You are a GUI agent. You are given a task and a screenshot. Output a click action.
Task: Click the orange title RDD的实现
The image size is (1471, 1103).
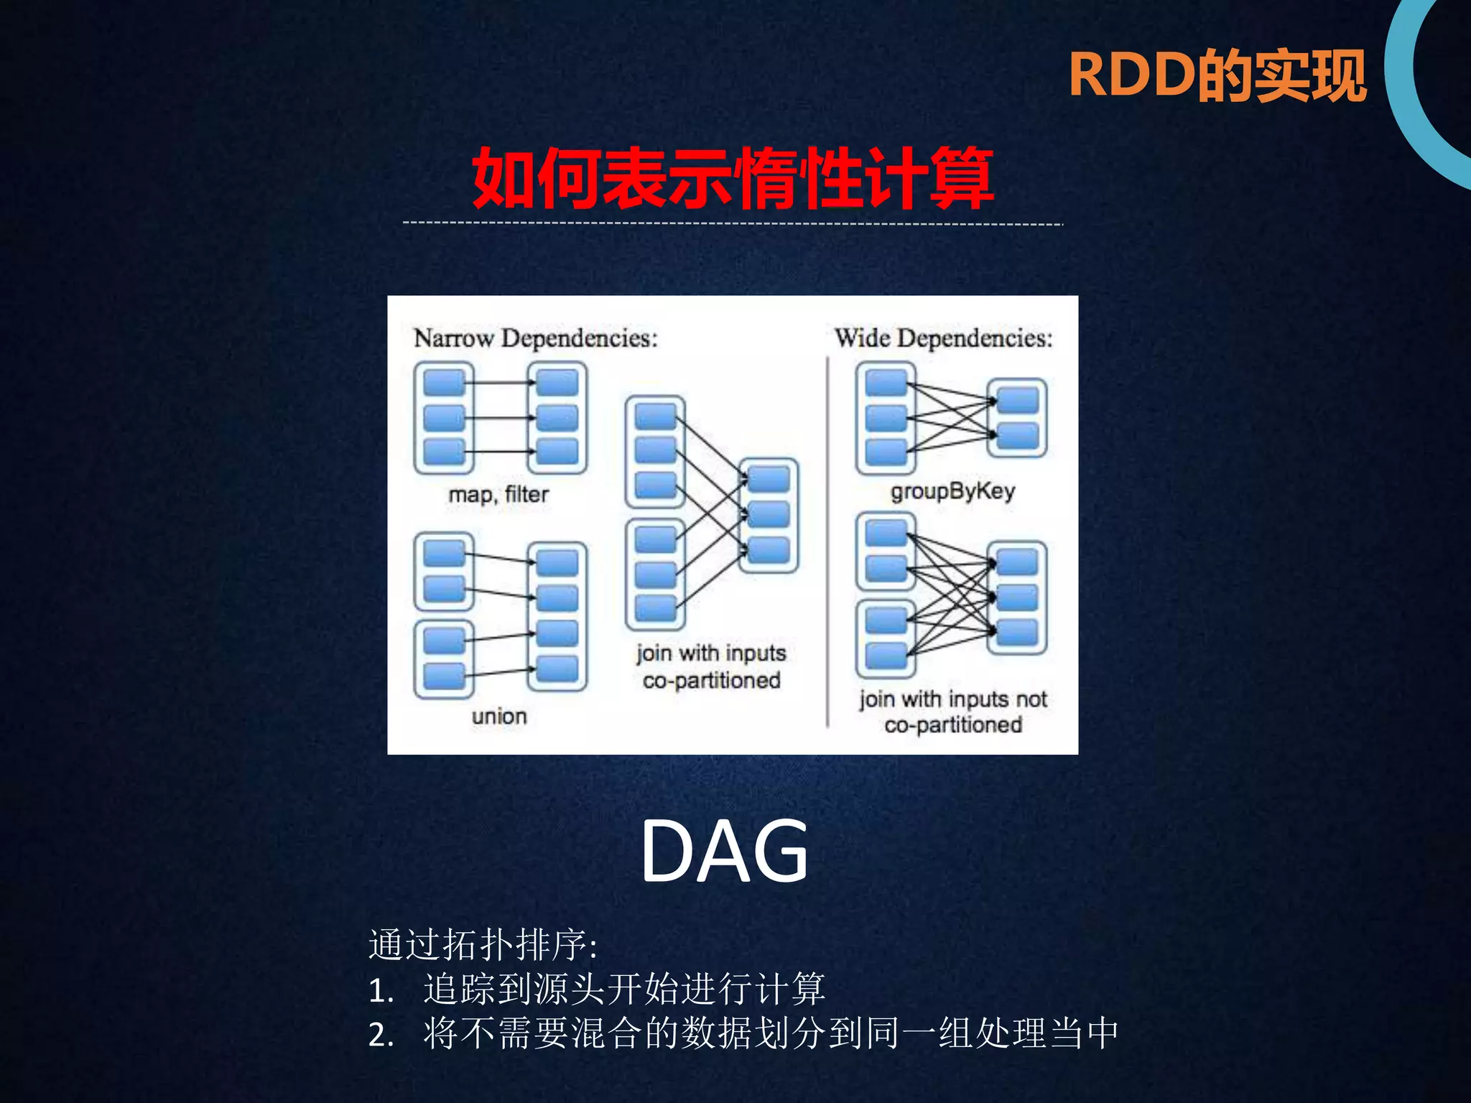tap(1217, 76)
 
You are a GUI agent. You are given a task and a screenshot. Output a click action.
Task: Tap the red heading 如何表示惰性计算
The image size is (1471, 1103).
tap(733, 178)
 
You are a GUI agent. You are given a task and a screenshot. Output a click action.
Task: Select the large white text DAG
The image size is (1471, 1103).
tap(724, 852)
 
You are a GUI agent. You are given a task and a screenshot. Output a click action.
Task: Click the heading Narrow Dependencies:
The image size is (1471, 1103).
tap(535, 338)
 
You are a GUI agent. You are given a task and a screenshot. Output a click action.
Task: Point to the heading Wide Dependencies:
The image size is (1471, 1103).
tap(943, 338)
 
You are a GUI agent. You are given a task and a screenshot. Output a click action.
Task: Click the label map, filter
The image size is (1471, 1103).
tap(498, 495)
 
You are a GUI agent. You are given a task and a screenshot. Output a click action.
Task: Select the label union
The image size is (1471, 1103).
tap(499, 716)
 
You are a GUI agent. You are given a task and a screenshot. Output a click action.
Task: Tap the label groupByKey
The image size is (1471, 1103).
tap(952, 492)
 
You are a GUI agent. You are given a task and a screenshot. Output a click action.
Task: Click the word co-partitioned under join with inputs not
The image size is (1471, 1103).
tap(952, 725)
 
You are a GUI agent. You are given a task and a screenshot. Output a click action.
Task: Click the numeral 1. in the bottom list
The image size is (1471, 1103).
tap(381, 992)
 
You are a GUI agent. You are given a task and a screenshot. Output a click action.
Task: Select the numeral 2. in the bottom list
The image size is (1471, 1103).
tap(381, 1035)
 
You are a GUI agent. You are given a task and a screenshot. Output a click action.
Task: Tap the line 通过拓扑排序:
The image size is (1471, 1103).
tap(483, 945)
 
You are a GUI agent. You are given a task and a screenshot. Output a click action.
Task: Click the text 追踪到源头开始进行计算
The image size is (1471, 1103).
tap(624, 990)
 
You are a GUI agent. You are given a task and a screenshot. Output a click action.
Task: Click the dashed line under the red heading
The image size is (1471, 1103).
tap(733, 223)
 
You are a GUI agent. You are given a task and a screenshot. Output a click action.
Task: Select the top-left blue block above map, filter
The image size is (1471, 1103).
tap(444, 383)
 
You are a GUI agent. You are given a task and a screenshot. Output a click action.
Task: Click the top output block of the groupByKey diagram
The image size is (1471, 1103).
tap(1018, 400)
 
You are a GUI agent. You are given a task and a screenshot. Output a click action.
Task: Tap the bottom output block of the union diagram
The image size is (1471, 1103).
tap(557, 669)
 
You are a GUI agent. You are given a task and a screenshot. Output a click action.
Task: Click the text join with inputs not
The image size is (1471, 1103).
tap(952, 699)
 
